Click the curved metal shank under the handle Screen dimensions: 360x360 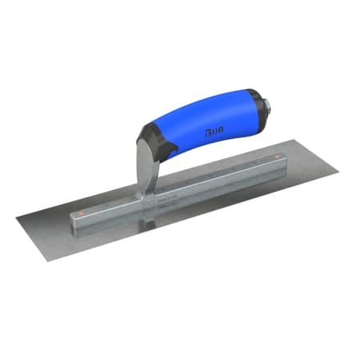click(142, 164)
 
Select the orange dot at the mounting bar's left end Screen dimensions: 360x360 click(79, 212)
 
